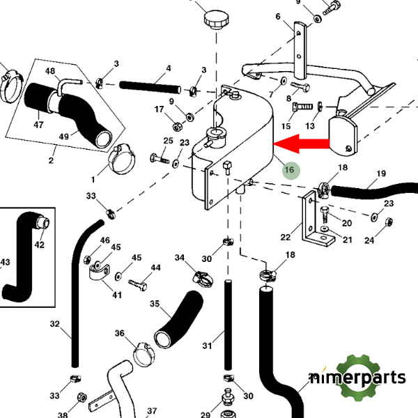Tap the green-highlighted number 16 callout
click(289, 169)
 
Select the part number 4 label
click(168, 70)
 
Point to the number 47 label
click(38, 125)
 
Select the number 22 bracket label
click(286, 237)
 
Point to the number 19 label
click(380, 173)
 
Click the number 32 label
click(56, 324)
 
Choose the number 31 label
click(206, 346)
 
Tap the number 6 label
click(277, 17)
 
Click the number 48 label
click(50, 71)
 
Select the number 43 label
click(6, 262)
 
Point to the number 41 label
click(117, 295)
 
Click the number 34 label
click(180, 258)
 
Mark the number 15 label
click(286, 127)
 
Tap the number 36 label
click(119, 333)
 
